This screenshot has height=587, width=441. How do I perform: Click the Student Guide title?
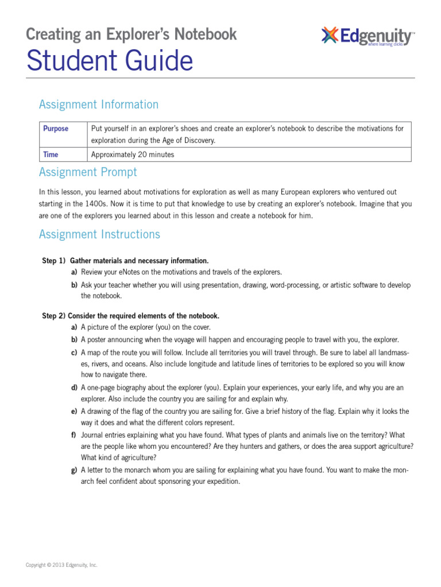[x=110, y=61]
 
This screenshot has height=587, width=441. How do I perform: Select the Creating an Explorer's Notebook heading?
[x=131, y=34]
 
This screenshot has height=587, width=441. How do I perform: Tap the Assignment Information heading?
[x=98, y=104]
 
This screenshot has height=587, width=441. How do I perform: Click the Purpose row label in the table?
[x=56, y=128]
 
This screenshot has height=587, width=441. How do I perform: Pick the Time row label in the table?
[x=51, y=154]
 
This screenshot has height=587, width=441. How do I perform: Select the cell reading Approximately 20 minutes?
[x=133, y=154]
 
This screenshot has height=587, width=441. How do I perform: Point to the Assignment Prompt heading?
[x=88, y=172]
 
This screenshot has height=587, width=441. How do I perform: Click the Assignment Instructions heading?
[x=99, y=234]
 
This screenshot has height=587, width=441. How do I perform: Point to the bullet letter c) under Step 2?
[x=74, y=352]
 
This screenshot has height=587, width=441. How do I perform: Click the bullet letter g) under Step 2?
[x=74, y=470]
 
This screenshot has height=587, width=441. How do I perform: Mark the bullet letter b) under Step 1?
[x=74, y=285]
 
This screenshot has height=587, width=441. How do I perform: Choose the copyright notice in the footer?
[x=61, y=565]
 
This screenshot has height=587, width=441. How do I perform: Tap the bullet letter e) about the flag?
[x=74, y=412]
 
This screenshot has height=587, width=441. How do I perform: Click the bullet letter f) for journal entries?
[x=74, y=435]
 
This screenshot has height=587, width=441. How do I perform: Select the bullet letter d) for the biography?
[x=74, y=388]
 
